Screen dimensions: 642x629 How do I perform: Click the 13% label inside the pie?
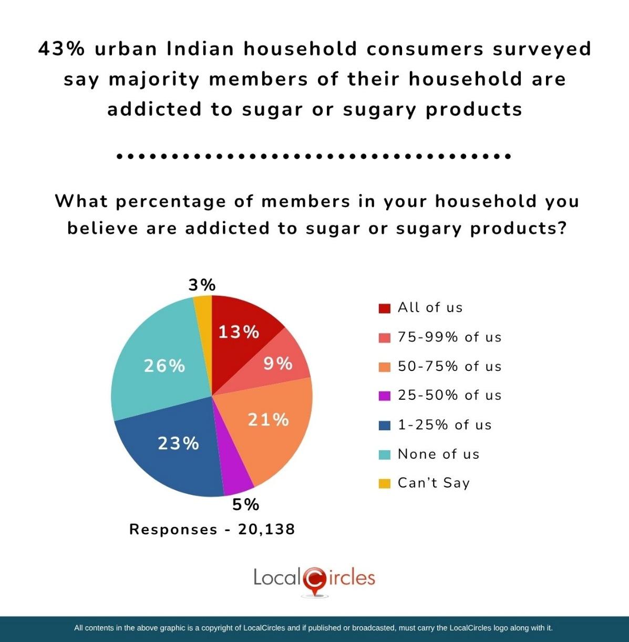(239, 332)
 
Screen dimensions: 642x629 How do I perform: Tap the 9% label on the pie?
(278, 363)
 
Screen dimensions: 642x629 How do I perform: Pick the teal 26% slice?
(158, 357)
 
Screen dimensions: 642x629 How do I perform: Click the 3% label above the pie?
(202, 285)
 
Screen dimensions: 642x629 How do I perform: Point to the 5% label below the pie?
(246, 505)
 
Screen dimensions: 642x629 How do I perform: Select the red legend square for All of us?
(385, 308)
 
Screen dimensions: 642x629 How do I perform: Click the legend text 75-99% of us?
(449, 337)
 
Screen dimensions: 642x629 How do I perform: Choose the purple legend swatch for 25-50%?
(385, 396)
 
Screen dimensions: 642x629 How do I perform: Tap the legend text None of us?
(438, 454)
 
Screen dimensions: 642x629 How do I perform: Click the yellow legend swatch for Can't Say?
(385, 483)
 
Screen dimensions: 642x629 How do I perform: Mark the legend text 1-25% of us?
(444, 424)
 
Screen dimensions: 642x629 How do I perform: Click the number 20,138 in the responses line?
(266, 529)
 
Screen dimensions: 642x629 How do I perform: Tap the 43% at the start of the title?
(61, 49)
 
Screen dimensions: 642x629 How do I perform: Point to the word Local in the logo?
(276, 577)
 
